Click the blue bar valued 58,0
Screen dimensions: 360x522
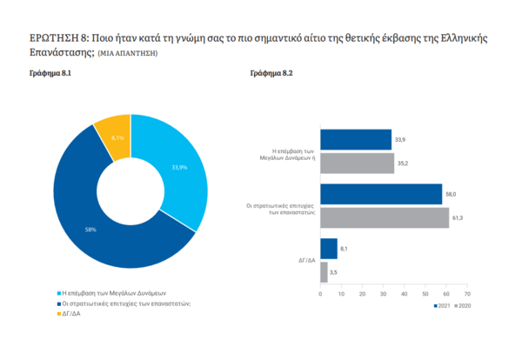[381, 195]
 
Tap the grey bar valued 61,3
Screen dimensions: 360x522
[385, 217]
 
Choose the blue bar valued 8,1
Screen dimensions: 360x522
[329, 249]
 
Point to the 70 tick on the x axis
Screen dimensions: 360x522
[467, 294]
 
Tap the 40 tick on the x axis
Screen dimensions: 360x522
[405, 294]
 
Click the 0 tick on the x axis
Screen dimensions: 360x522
[321, 294]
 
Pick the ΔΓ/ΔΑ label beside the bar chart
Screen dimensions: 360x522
[304, 260]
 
